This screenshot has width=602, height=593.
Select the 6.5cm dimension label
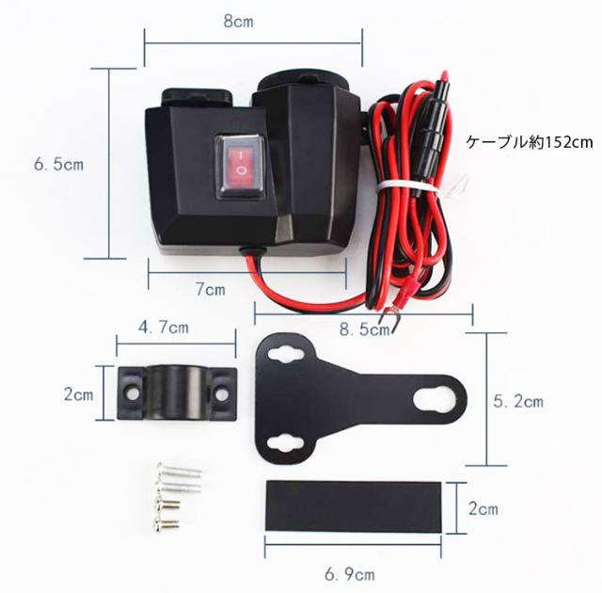tap(59, 164)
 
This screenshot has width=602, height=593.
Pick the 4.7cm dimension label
tap(164, 328)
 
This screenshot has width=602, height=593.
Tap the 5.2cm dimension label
tap(518, 401)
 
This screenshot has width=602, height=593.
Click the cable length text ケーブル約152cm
tap(531, 143)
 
